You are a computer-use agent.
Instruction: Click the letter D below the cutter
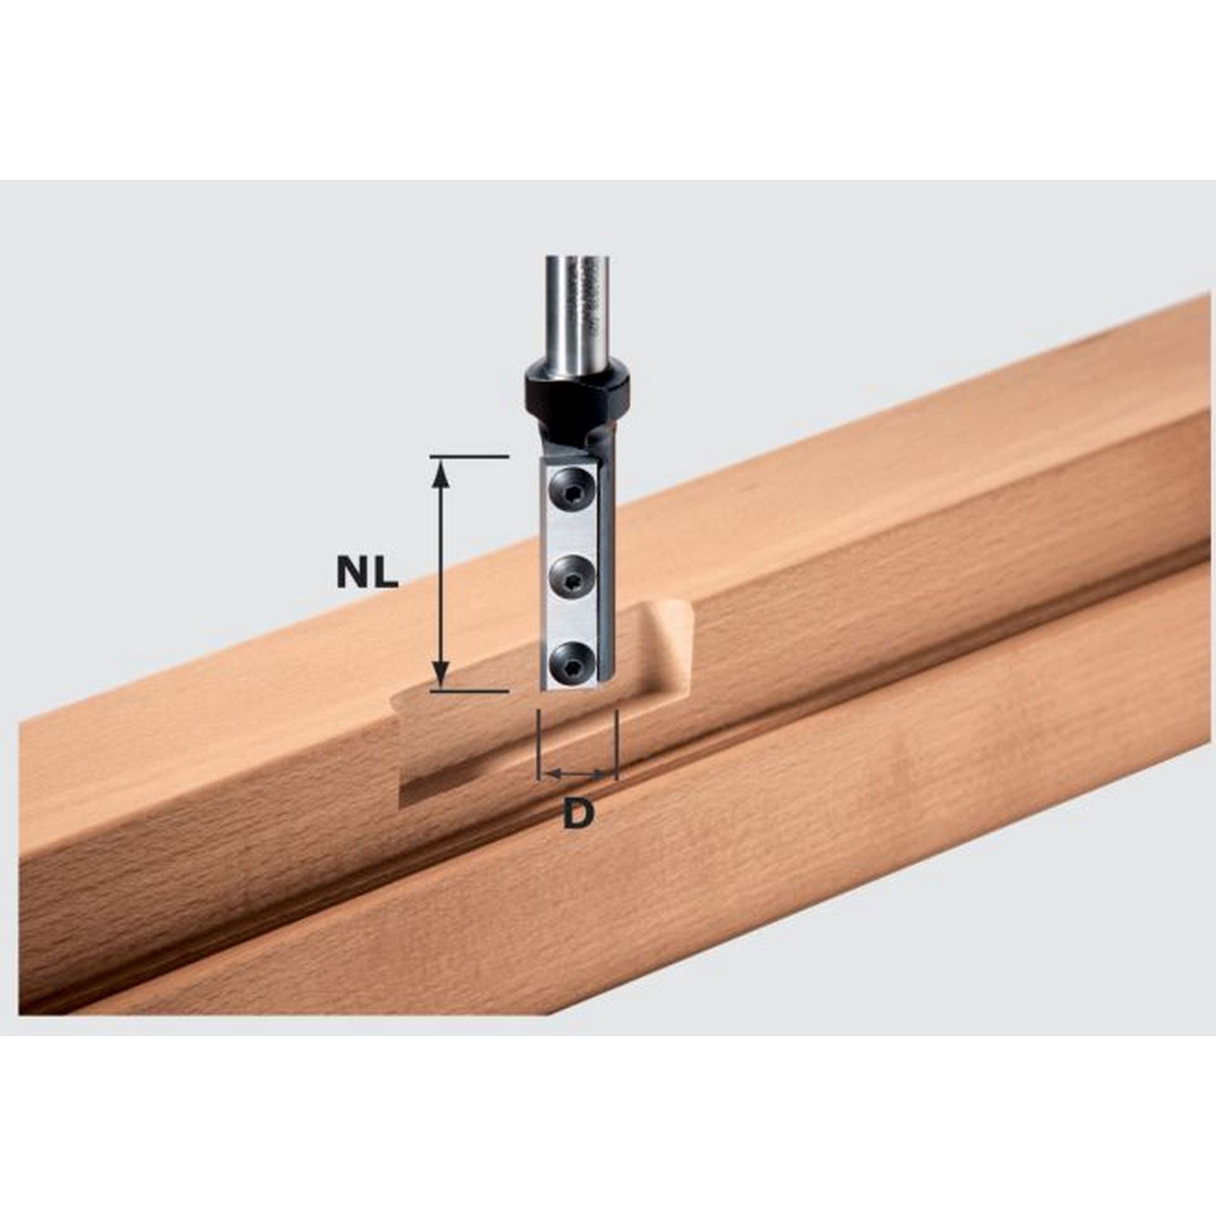tap(578, 814)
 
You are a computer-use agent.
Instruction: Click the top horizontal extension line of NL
tap(469, 456)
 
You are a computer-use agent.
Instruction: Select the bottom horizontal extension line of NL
tap(469, 691)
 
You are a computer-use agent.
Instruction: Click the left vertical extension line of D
tap(537, 741)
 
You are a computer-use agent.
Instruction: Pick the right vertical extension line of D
tap(616, 741)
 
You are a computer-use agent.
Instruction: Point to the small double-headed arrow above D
tap(577, 773)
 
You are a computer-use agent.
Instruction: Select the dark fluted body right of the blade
tap(605, 570)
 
